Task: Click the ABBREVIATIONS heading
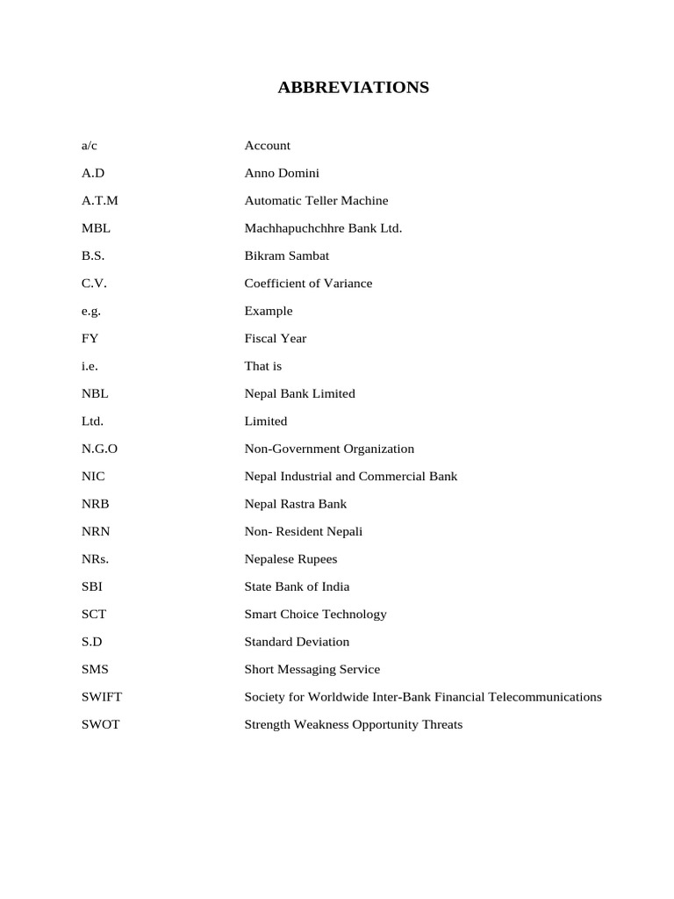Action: tap(354, 87)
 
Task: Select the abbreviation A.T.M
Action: tap(99, 200)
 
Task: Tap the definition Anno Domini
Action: tap(282, 173)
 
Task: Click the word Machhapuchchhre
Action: tap(289, 228)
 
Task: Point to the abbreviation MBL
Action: tap(96, 228)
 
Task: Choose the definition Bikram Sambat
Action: tap(286, 255)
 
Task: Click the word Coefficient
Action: tap(276, 284)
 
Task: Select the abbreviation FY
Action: tap(90, 338)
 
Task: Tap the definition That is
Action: tap(262, 366)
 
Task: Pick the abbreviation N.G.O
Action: tap(99, 449)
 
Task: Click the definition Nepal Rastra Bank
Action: tap(295, 504)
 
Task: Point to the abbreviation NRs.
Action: tap(95, 559)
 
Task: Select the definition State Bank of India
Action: tap(297, 586)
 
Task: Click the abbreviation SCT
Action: tap(93, 615)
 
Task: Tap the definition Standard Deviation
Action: tap(297, 642)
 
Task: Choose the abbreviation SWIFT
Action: tap(102, 697)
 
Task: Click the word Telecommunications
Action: tap(543, 697)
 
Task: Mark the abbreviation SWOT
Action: tap(100, 724)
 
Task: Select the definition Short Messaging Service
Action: tap(312, 669)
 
